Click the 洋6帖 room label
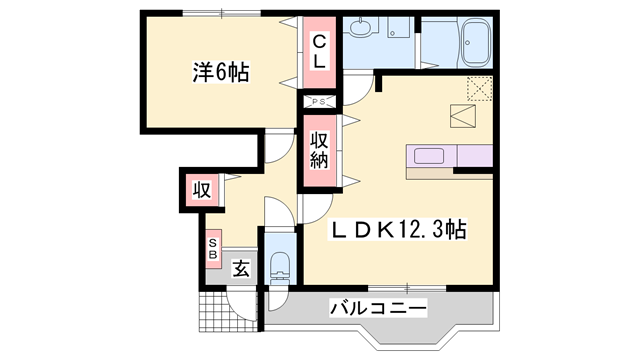coord(220,72)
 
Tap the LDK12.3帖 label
coord(398,230)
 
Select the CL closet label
coord(319,52)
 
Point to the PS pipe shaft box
coord(319,102)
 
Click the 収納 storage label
coord(319,150)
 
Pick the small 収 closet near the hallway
coord(202,190)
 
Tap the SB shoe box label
coord(213,249)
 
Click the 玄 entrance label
coord(241,269)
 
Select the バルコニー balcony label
coord(378,308)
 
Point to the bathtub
coord(476,42)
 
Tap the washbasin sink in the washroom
coord(360,28)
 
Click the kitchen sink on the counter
coord(429,156)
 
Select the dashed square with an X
coord(480,88)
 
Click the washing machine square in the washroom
coord(398,27)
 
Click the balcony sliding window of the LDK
coord(407,288)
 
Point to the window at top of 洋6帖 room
coord(222,13)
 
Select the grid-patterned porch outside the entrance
coord(229,312)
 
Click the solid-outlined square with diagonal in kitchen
coord(463,116)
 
